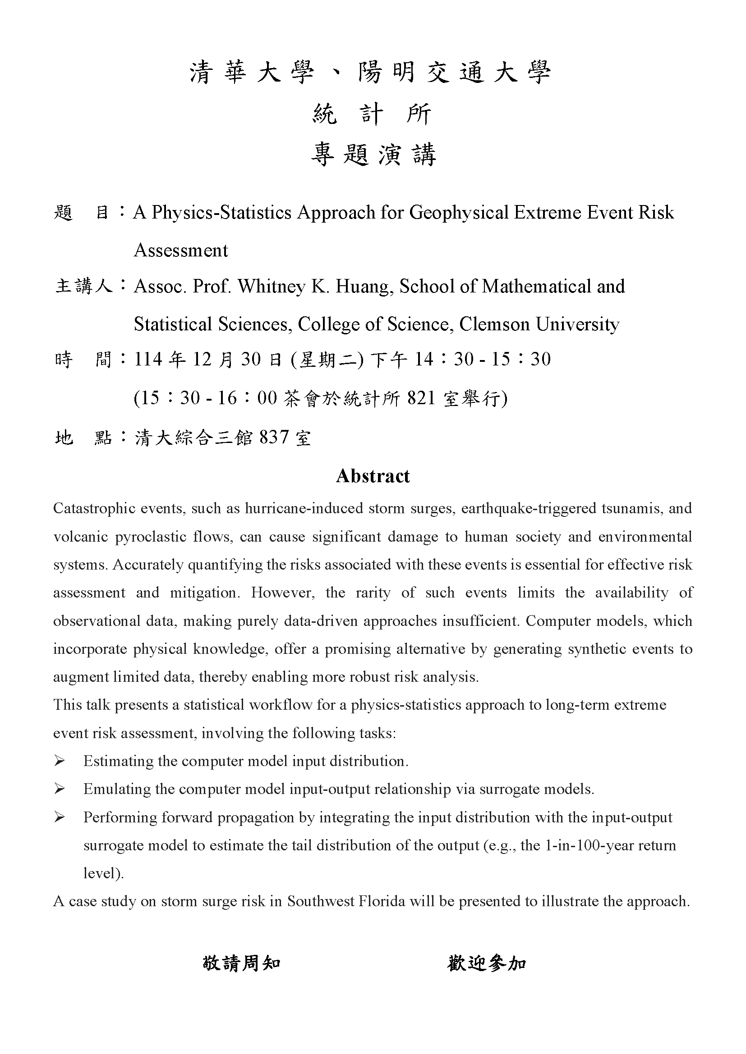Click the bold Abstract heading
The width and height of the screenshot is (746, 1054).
tap(373, 476)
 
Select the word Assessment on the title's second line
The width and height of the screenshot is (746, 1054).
tap(180, 251)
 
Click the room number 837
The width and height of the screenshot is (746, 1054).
tap(274, 437)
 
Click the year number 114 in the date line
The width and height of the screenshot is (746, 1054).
tap(148, 359)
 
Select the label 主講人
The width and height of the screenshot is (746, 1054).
tap(83, 287)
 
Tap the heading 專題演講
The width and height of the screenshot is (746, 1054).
tap(373, 155)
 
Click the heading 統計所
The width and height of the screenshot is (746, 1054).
tap(373, 114)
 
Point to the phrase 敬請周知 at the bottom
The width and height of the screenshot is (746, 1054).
tap(242, 963)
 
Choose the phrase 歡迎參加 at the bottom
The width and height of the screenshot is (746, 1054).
tap(487, 963)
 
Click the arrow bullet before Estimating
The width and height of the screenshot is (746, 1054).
tap(59, 761)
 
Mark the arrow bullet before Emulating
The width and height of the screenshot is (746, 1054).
tap(59, 789)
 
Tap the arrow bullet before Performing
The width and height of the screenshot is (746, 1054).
tap(59, 817)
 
